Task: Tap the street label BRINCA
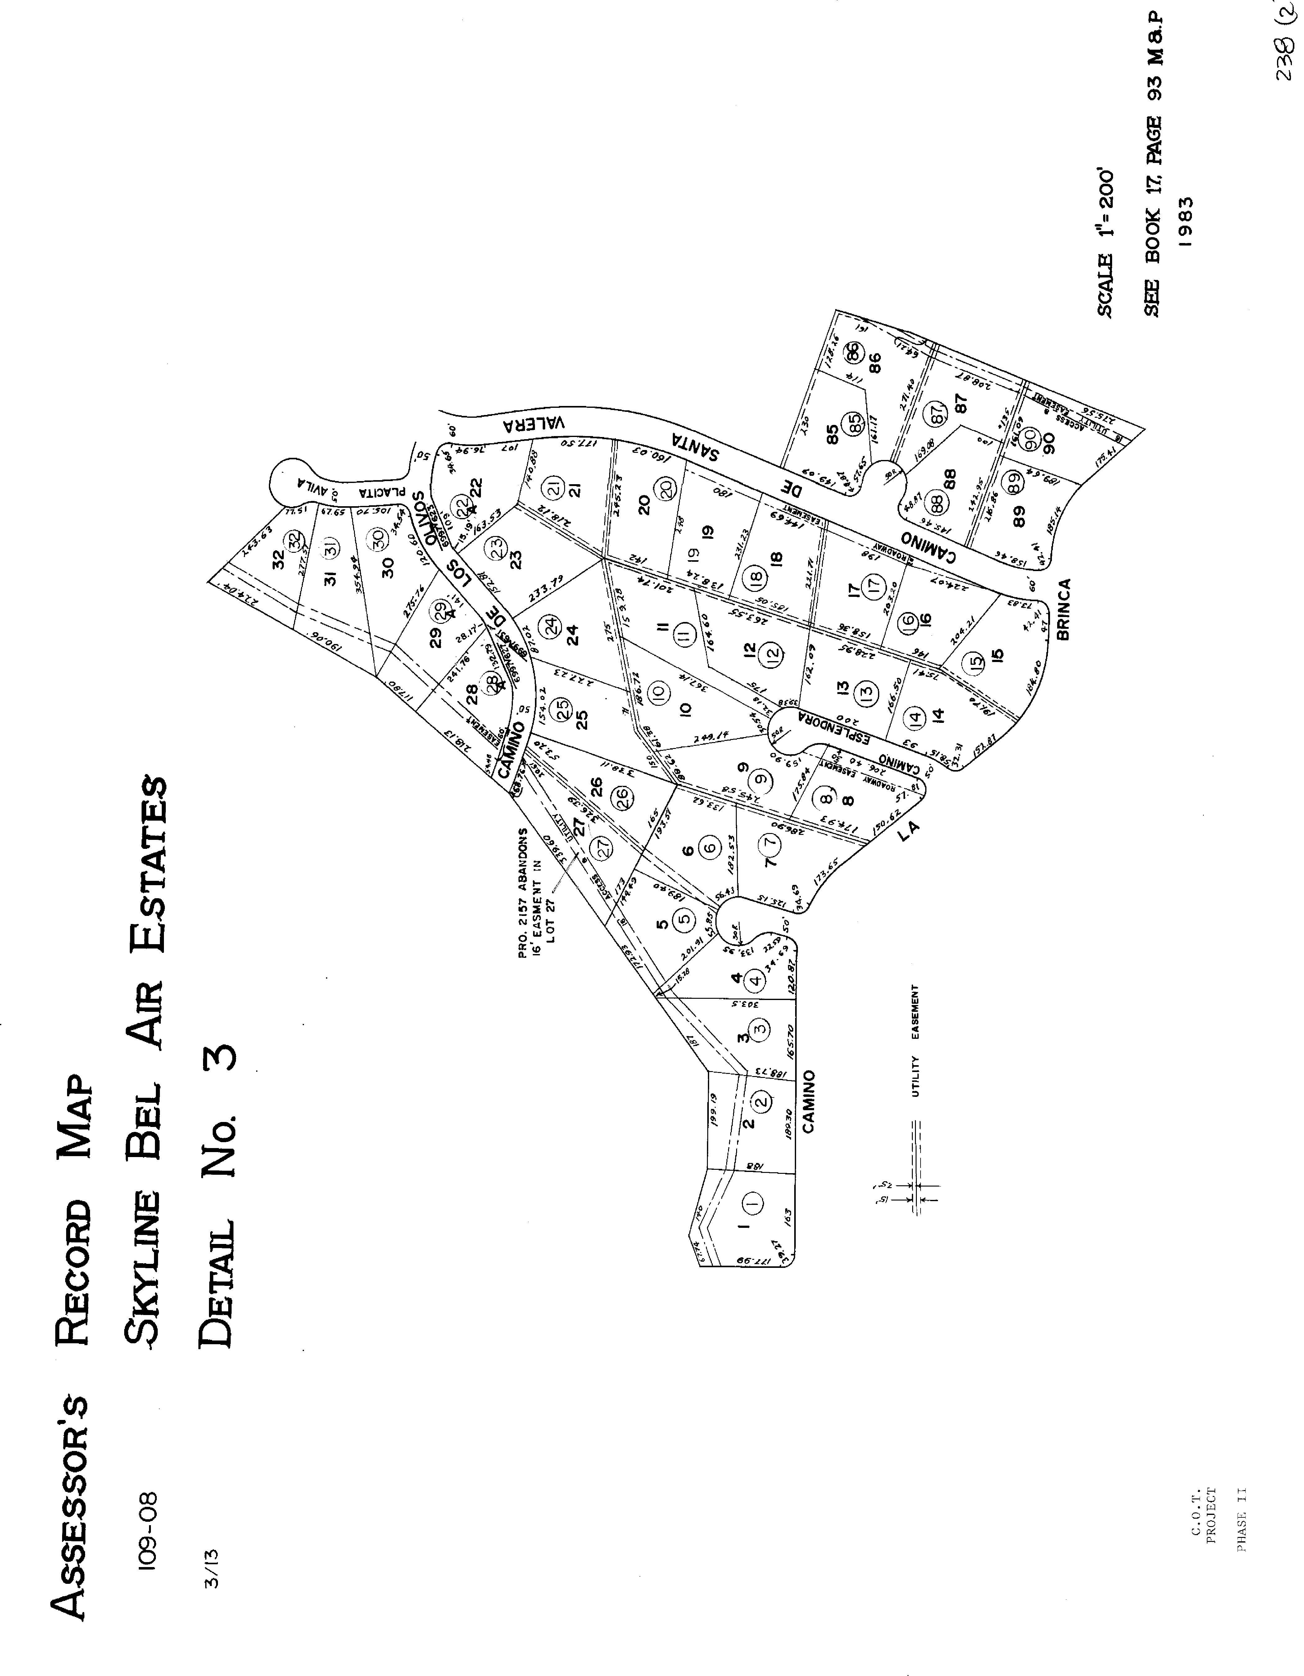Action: point(1063,610)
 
